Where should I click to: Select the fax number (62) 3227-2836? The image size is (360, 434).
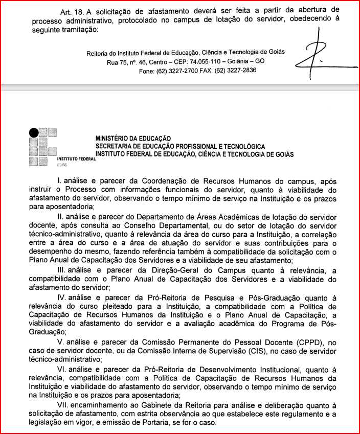point(236,71)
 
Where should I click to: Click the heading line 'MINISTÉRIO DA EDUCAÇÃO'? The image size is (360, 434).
point(133,139)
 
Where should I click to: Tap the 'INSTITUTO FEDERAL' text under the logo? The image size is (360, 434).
point(76,160)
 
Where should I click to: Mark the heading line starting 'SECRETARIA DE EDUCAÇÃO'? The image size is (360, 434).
point(181,146)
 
